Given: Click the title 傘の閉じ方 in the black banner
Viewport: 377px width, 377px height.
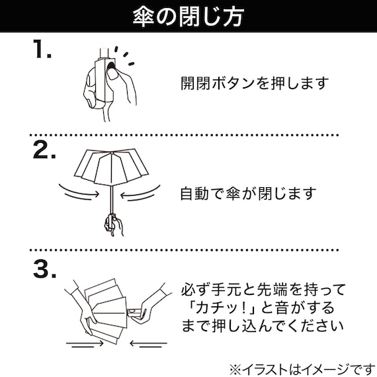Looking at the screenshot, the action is pos(188,17).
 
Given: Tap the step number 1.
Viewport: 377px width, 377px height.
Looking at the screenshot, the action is pos(42,49).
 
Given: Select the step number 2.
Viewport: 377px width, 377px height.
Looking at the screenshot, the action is pos(44,149).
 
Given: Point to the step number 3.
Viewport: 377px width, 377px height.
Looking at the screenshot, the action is pos(45,269).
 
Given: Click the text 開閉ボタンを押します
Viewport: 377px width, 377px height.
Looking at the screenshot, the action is pos(255,83).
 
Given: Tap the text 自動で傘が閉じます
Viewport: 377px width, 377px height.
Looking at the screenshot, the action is pos(249,194).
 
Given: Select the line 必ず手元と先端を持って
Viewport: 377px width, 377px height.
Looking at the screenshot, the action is pos(263,289).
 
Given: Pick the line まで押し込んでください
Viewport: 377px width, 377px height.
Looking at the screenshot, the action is pos(263,327).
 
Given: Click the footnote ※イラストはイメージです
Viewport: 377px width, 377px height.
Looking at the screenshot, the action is pos(302,369).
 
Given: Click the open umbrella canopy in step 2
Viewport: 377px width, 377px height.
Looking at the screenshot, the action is pos(111,167).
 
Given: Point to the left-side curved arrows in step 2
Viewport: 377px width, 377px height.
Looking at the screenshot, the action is pos(79,192).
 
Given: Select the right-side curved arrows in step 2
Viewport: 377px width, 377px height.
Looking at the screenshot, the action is pos(140,193).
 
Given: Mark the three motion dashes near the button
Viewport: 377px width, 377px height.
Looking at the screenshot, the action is pos(124,56).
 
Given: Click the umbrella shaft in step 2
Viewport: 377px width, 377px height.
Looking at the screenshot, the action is pos(112,199).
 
